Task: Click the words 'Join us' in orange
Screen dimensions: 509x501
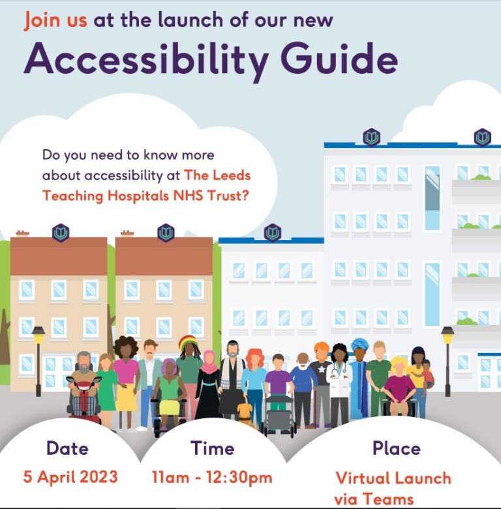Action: [x=55, y=20]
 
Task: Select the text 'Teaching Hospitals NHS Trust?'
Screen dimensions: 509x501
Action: [x=145, y=195]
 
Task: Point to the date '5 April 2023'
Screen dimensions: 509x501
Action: [x=70, y=476]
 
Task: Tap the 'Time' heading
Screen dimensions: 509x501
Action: [x=212, y=448]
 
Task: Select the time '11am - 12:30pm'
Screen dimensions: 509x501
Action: [x=211, y=477]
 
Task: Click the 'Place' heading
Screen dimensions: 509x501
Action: [x=396, y=448]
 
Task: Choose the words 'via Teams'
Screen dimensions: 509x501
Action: [x=374, y=499]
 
